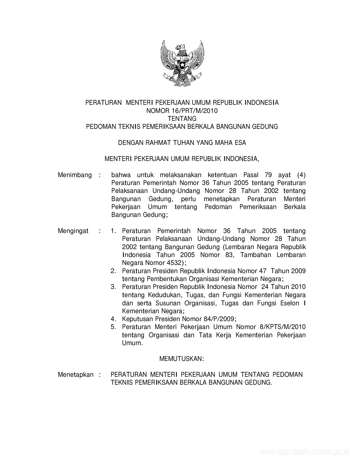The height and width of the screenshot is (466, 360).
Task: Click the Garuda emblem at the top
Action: pyautogui.click(x=182, y=63)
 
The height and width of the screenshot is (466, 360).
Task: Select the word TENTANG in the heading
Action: pyautogui.click(x=182, y=119)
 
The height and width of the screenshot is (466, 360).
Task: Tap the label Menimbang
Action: pyautogui.click(x=75, y=175)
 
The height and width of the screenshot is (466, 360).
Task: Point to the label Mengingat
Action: pyautogui.click(x=73, y=231)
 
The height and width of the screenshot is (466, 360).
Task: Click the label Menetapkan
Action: pyautogui.click(x=75, y=374)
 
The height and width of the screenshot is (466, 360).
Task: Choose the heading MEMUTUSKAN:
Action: pyautogui.click(x=182, y=359)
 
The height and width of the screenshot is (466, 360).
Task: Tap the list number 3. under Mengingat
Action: pyautogui.click(x=114, y=287)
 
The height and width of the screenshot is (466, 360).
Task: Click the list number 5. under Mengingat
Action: pyautogui.click(x=114, y=327)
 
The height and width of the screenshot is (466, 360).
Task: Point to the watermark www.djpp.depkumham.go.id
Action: pyautogui.click(x=304, y=452)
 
